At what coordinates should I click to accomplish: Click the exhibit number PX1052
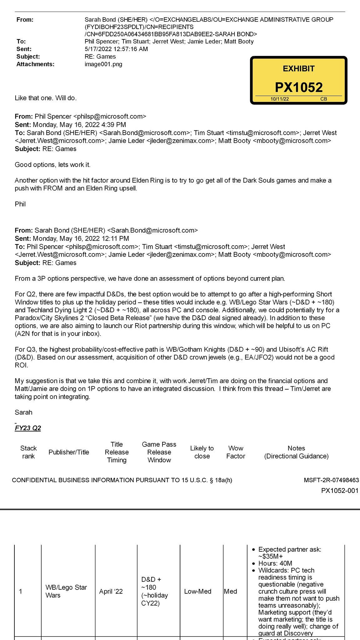tap(298, 87)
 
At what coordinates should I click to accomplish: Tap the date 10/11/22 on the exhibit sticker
tap(279, 99)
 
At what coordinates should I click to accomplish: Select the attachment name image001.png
tap(103, 64)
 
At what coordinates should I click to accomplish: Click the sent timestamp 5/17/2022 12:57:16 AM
tap(116, 49)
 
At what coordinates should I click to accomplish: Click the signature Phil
tap(20, 204)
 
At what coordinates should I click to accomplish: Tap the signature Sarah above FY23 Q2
tap(23, 412)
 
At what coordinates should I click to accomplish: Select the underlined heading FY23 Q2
tap(28, 428)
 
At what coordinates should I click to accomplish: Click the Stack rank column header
tap(28, 452)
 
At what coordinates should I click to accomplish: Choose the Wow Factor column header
tap(236, 452)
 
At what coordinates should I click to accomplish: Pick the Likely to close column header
tap(202, 452)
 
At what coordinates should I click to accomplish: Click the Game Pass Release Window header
tap(159, 452)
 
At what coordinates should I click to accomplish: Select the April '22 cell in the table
tap(111, 591)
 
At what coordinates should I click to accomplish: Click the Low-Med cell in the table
tap(198, 591)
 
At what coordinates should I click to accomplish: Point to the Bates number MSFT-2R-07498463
tap(331, 480)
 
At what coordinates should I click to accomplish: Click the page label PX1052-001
tap(340, 491)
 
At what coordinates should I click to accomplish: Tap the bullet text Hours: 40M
tap(275, 563)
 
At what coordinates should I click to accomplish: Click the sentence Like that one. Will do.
tap(46, 98)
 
